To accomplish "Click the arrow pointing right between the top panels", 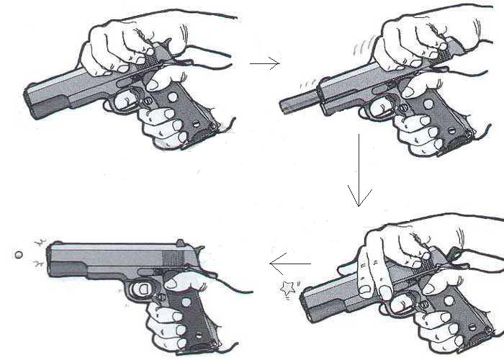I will [x=264, y=64].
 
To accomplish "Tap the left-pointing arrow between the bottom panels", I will [x=289, y=264].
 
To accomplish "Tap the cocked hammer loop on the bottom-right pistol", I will [x=454, y=252].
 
